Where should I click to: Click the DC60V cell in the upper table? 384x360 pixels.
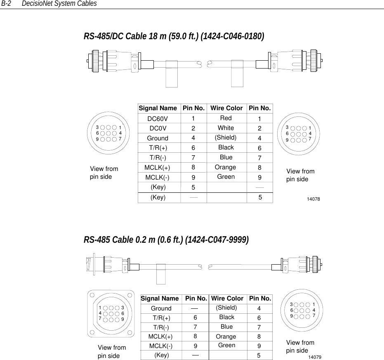tap(158, 118)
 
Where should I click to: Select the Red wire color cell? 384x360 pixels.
tap(226, 118)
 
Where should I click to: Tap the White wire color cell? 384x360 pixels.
tap(226, 128)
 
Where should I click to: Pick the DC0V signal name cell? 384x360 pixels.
tap(158, 128)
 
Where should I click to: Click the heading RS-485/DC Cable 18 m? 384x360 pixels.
tap(174, 36)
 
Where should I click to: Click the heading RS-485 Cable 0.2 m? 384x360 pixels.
tap(166, 240)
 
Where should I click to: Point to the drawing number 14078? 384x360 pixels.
tap(314, 199)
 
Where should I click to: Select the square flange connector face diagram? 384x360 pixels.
tap(111, 313)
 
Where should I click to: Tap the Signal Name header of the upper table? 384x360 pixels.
tap(158, 108)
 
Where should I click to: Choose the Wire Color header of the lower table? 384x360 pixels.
tap(227, 298)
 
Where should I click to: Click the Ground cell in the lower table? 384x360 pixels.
tap(161, 308)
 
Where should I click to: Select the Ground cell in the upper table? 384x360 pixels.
tap(158, 138)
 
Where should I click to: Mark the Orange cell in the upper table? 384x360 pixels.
tap(226, 167)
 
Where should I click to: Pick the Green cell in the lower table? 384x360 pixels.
tap(226, 345)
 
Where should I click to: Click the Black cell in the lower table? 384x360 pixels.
tap(226, 317)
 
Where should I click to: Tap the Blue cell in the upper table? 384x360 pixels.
tap(226, 157)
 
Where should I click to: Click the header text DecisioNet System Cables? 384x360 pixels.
tap(59, 4)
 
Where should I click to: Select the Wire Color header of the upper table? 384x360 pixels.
tap(226, 108)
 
